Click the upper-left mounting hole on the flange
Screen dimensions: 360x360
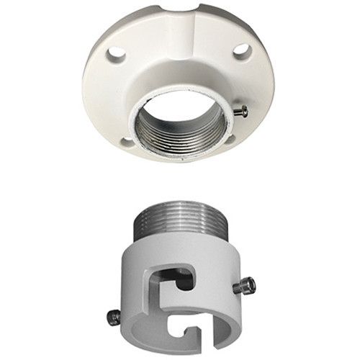[x=115, y=53]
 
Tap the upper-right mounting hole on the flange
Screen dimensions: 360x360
[x=242, y=51]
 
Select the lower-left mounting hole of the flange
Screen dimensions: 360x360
[x=127, y=141]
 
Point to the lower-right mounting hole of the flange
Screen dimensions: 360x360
[x=229, y=138]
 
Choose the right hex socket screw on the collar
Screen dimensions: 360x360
[x=246, y=286]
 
